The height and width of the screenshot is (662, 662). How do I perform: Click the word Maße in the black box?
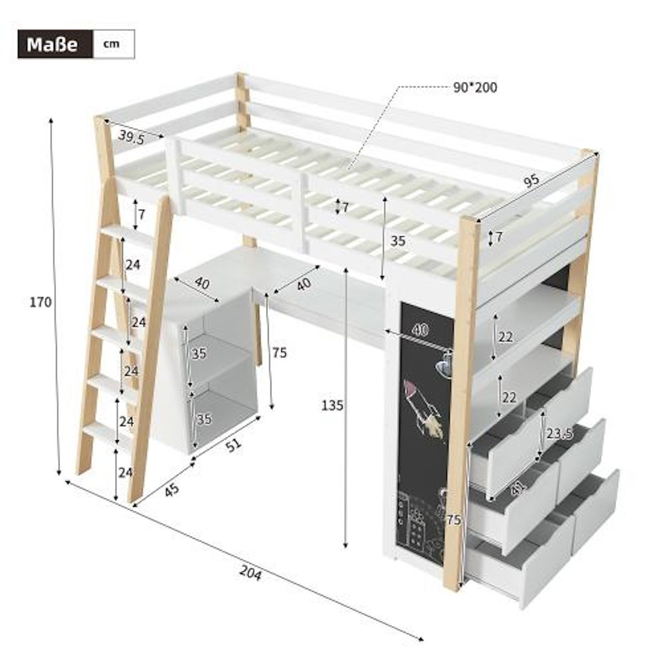[52, 44]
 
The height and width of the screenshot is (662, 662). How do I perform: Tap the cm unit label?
[111, 44]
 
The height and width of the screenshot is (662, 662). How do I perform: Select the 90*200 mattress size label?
[475, 87]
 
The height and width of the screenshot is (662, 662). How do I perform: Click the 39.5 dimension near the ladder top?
[131, 137]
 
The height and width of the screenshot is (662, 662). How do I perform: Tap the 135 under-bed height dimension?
[333, 405]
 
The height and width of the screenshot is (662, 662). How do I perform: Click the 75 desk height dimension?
[280, 353]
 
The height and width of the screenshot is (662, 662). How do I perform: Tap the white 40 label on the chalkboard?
[420, 329]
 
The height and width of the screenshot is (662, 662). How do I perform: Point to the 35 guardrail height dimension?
[398, 241]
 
